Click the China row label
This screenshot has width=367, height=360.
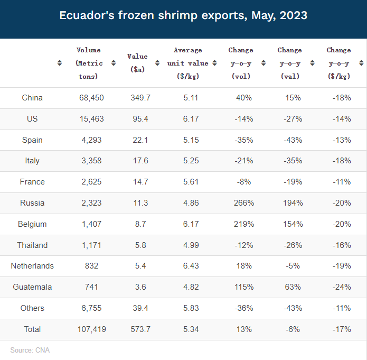[x=32, y=98]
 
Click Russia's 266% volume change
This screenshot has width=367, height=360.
[x=243, y=203]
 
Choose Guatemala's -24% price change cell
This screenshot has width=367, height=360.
[x=342, y=287]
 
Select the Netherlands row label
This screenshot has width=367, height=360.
[x=32, y=266]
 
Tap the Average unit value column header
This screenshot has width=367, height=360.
[x=187, y=63]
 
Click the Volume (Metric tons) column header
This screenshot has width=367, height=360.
[x=88, y=63]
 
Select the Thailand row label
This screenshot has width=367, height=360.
[x=32, y=245]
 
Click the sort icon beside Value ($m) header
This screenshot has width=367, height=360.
[x=157, y=63]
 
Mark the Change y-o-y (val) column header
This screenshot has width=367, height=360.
[x=289, y=63]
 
